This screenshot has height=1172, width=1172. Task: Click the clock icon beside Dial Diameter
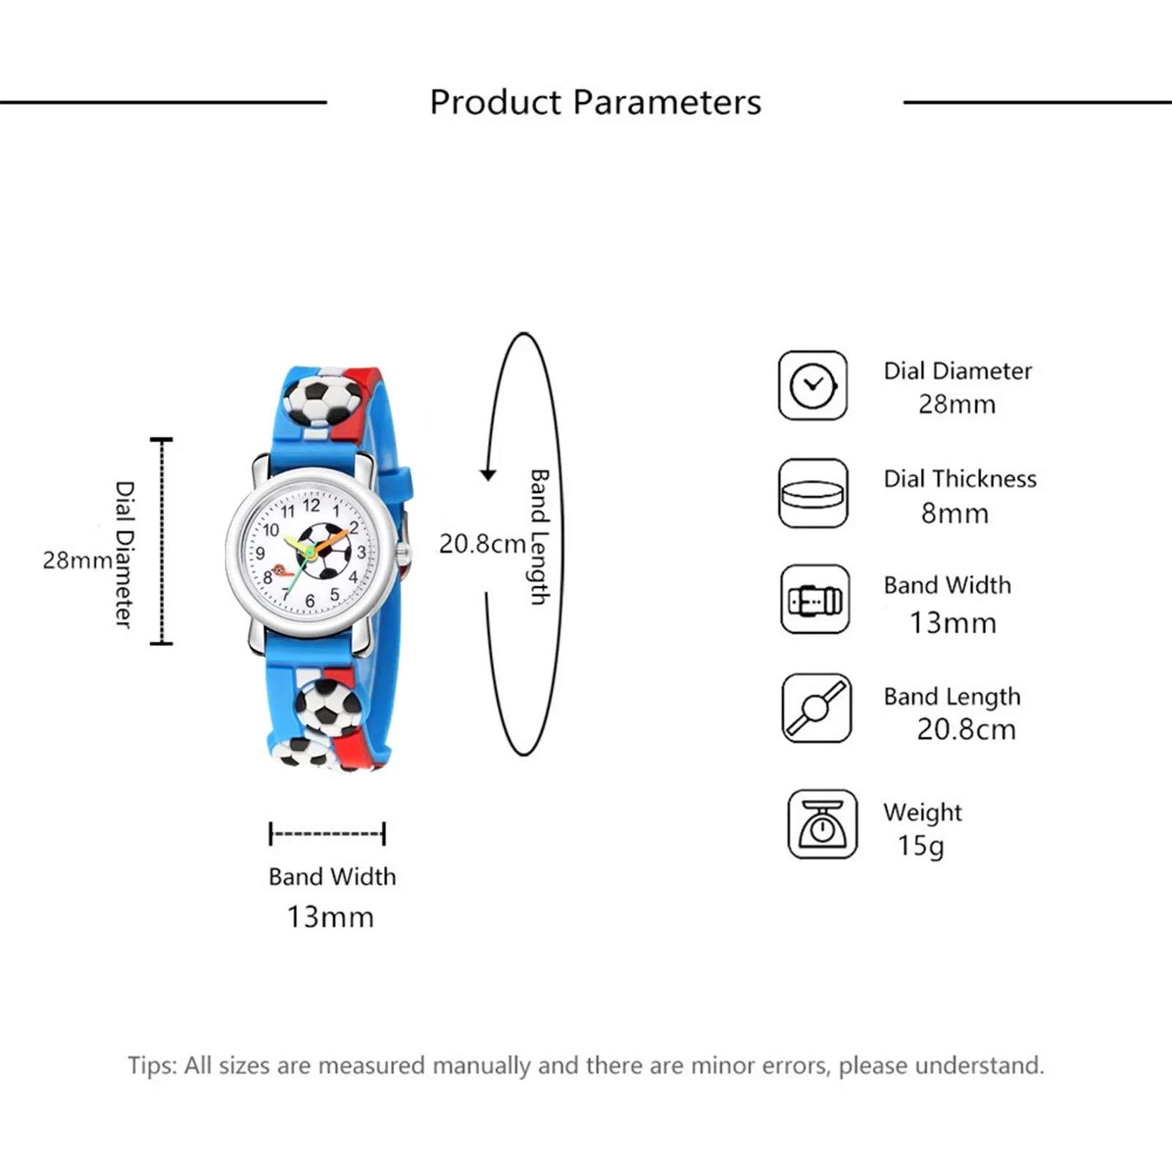pos(812,385)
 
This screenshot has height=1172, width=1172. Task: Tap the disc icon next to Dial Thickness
pos(812,493)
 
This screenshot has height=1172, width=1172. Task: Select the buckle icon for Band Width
pos(815,600)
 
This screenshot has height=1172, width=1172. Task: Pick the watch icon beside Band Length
pos(816,708)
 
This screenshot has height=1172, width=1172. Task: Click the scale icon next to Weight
pos(822,824)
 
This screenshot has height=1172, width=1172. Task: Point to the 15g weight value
pos(921,846)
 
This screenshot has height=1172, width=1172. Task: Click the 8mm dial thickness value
pos(954,513)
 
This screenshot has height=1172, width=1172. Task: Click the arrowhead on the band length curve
pos(488,475)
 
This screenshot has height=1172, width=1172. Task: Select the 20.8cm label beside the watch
pos(482,544)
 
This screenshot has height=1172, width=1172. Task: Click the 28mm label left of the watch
pos(77,560)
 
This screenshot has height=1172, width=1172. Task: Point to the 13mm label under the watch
pos(330,917)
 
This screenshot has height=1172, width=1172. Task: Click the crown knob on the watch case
pos(404,554)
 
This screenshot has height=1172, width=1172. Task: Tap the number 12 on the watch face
pos(311,505)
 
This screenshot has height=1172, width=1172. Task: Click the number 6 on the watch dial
pos(310,601)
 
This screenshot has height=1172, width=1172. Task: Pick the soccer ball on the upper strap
pos(322,400)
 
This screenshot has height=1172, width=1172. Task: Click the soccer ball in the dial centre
pos(324,551)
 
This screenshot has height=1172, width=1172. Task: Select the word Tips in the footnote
pos(152,1065)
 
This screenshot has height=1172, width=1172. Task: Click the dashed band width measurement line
pos(327,834)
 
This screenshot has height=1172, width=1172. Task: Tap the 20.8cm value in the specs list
pos(966,730)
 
